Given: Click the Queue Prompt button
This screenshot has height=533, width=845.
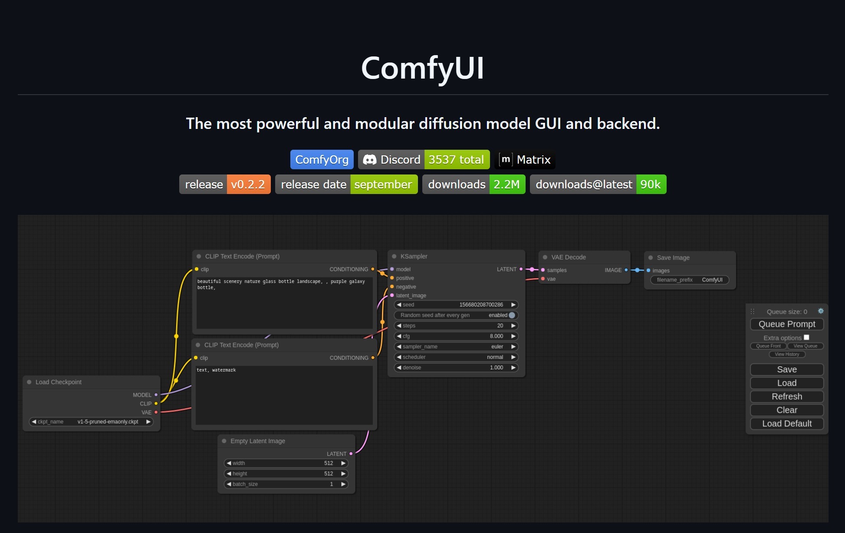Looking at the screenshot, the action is [x=787, y=324].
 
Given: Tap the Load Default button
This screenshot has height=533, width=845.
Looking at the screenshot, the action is [x=787, y=424].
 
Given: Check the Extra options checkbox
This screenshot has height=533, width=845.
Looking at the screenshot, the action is [x=806, y=337].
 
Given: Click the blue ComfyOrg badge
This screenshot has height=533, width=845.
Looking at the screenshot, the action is [x=322, y=160].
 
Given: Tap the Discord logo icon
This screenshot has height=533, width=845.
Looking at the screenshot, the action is [x=369, y=160].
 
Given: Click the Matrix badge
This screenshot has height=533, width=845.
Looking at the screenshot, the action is [x=525, y=160].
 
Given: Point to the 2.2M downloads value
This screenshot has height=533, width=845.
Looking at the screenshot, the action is [x=507, y=184].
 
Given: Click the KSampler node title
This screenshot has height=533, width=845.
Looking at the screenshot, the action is [x=414, y=257].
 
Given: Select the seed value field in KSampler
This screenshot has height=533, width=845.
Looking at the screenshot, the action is [x=456, y=305].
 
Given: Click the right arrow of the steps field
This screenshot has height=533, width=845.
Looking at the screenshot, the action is [x=513, y=326].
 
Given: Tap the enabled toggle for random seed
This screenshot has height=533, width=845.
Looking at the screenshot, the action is [x=512, y=315].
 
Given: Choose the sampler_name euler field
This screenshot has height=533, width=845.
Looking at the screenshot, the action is [x=456, y=346].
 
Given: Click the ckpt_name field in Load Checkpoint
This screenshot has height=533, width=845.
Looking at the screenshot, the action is [x=91, y=421].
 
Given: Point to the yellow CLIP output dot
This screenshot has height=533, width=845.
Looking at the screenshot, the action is [x=156, y=404].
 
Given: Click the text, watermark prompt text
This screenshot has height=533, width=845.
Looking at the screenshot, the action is [x=216, y=370].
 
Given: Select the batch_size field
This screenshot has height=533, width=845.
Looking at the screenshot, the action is [x=286, y=484].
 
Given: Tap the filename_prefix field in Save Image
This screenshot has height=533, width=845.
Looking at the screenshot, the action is [x=690, y=280].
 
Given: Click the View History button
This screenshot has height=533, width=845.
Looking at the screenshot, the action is [x=787, y=354].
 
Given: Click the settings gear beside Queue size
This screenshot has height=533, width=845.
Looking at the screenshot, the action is [x=821, y=311].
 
